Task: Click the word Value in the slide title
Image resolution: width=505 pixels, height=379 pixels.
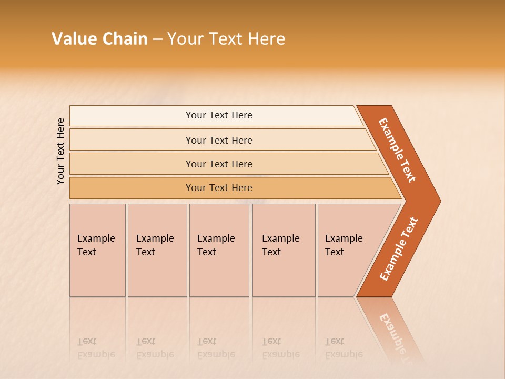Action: pyautogui.click(x=74, y=39)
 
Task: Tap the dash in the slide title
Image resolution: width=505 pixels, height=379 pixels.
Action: pyautogui.click(x=157, y=39)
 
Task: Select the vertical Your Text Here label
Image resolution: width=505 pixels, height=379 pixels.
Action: pyautogui.click(x=61, y=151)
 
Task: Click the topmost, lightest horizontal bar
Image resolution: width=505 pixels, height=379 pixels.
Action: pyautogui.click(x=218, y=115)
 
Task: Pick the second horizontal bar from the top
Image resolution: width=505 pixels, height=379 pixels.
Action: pyautogui.click(x=218, y=140)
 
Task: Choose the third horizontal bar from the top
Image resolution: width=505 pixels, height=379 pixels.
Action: pyautogui.click(x=218, y=164)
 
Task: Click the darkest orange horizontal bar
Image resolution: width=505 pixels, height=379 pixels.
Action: pyautogui.click(x=218, y=188)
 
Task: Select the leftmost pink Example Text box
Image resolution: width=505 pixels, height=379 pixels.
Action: pyautogui.click(x=97, y=250)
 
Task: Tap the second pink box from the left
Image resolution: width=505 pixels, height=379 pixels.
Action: pyautogui.click(x=157, y=250)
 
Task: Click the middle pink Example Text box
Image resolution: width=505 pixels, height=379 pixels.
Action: pyautogui.click(x=218, y=250)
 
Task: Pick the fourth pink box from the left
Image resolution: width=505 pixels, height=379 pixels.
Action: pyautogui.click(x=283, y=250)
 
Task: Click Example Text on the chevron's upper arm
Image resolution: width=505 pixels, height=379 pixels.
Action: pyautogui.click(x=397, y=150)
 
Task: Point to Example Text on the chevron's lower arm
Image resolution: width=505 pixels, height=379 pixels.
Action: pyautogui.click(x=399, y=249)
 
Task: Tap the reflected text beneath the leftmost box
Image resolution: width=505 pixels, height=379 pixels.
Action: pyautogui.click(x=96, y=348)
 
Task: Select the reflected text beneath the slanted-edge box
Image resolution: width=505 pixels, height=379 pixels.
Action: pyautogui.click(x=344, y=348)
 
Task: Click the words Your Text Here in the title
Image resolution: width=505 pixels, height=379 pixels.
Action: pyautogui.click(x=226, y=39)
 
